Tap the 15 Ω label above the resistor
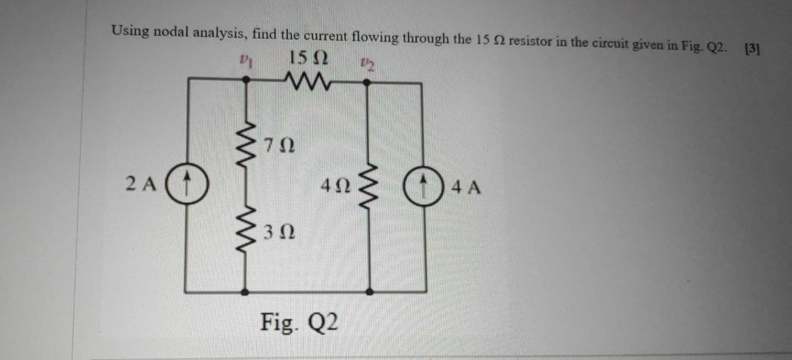pyautogui.click(x=308, y=57)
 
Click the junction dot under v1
pyautogui.click(x=247, y=80)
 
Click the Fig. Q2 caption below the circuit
pyautogui.click(x=300, y=322)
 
